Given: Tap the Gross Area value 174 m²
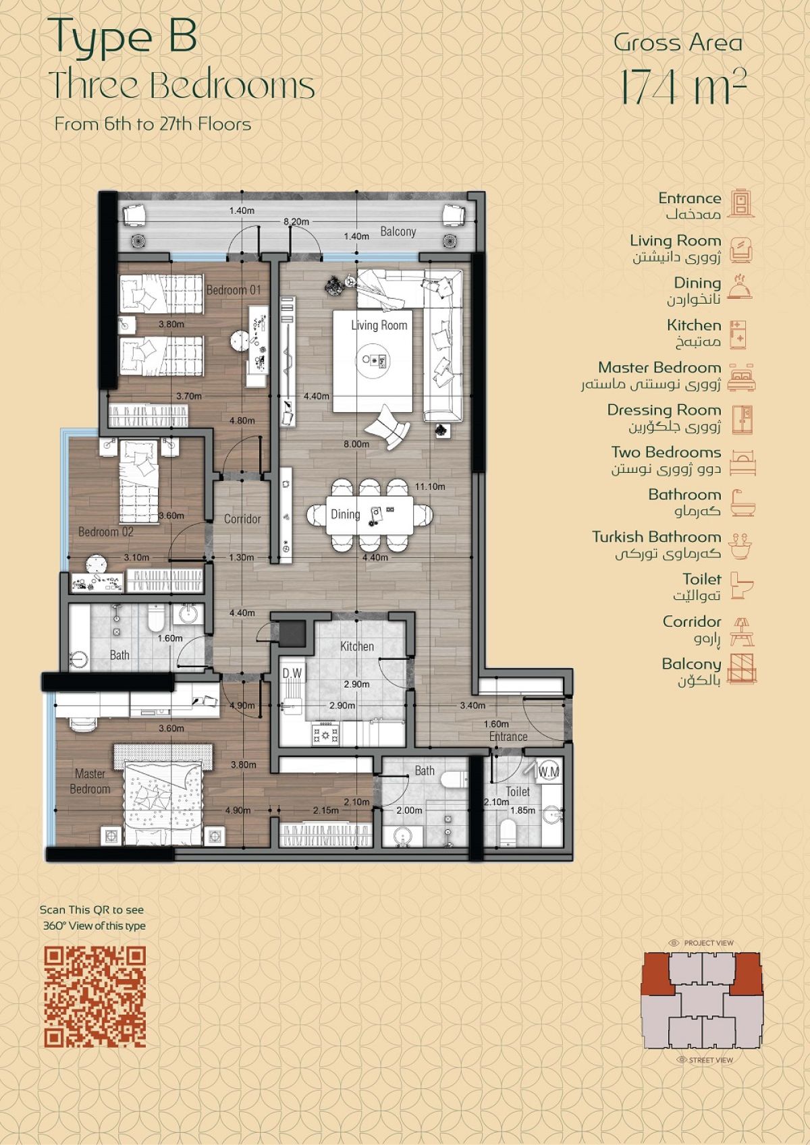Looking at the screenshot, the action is coord(683,87).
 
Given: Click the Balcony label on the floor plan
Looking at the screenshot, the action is coord(398,231).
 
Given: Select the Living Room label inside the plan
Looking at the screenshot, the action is coord(379,325).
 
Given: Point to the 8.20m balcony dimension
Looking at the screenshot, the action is coord(296,222).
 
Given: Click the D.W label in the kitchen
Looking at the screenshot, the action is coord(292,673).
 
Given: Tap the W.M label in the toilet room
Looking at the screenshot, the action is coord(549,772).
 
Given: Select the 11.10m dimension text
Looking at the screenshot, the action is coord(429,486).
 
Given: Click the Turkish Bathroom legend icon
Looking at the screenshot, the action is coord(742,545).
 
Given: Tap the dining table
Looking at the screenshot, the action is coord(370,513).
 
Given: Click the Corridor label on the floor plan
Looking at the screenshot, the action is coord(242,519).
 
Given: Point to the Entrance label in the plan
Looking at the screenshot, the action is coord(508,737).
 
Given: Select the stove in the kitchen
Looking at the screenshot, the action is coord(325,735).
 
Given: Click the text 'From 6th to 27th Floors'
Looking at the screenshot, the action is coord(153,124).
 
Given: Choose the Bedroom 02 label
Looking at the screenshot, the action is coord(106,532).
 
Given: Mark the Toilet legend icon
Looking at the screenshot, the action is coord(742,586).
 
